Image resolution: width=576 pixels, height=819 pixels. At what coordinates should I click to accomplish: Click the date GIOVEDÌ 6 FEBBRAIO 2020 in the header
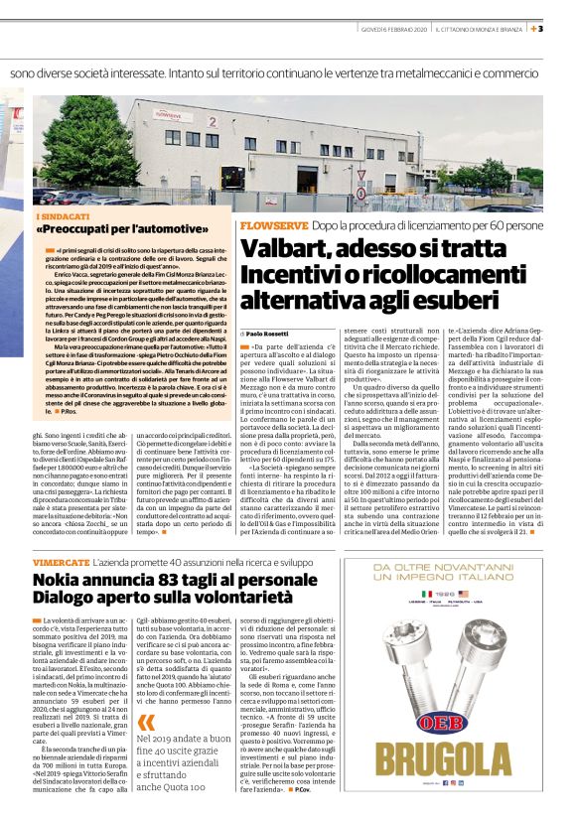[x=391, y=29]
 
